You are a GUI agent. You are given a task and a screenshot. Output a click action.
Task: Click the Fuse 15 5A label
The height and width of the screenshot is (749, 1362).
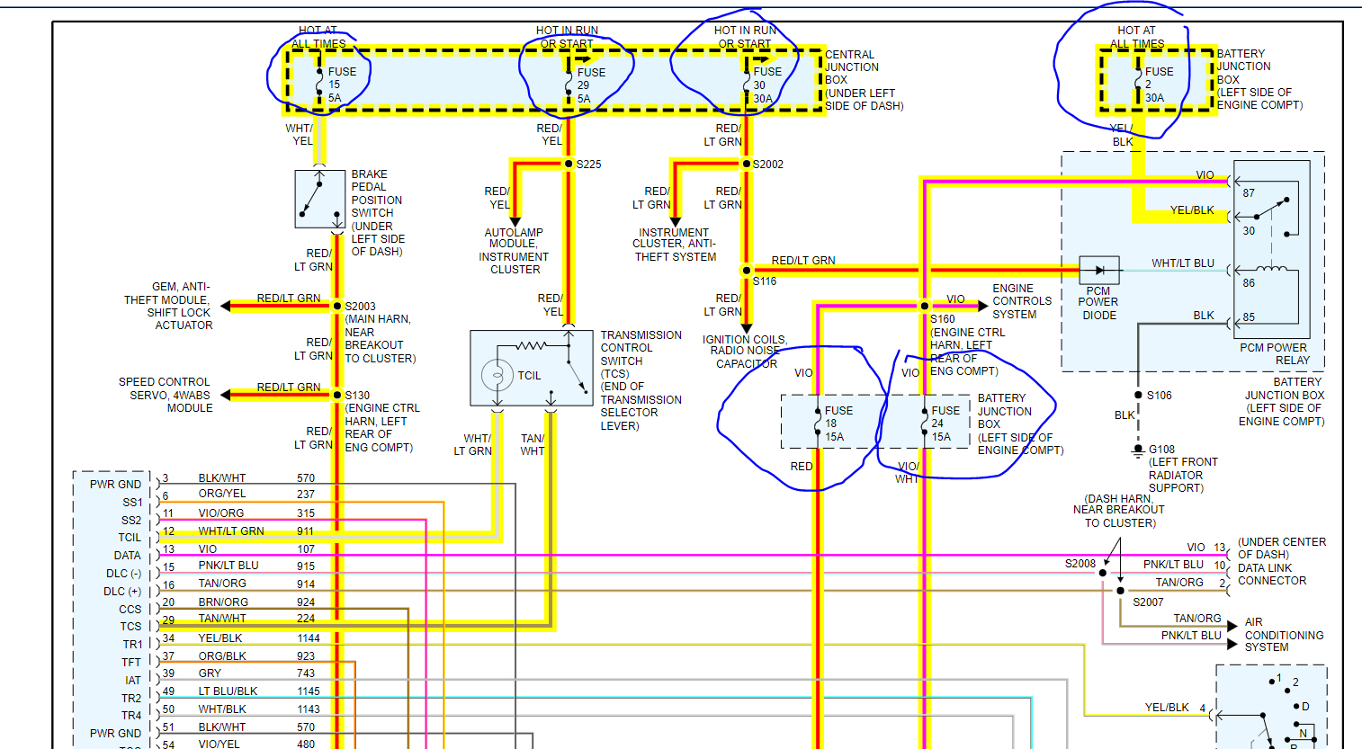(341, 85)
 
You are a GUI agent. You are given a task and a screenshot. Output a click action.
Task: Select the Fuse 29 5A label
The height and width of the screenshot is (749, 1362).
(590, 85)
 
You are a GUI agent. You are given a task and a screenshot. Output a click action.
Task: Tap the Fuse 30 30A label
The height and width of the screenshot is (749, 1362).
(766, 85)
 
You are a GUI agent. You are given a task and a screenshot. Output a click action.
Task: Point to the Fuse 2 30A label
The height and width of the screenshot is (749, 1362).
(1158, 85)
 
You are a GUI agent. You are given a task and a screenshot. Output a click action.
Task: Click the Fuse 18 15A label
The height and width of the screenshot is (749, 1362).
(838, 424)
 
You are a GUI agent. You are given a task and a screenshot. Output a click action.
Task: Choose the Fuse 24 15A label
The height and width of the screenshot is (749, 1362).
(945, 424)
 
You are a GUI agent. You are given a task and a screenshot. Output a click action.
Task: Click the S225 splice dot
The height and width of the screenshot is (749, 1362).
(569, 164)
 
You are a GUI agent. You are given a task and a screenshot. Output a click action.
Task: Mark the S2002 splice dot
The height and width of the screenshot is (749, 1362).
(747, 164)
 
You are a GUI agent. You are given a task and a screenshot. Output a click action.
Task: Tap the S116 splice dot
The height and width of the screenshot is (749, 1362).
(747, 270)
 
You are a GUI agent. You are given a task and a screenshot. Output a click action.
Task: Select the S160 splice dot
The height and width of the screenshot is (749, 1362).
(924, 306)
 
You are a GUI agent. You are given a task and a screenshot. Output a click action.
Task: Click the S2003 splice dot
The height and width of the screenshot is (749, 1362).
(337, 306)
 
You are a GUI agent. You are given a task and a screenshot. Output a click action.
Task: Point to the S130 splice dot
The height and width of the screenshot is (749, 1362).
(337, 395)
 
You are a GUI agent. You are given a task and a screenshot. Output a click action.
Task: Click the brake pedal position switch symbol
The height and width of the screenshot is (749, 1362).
(319, 199)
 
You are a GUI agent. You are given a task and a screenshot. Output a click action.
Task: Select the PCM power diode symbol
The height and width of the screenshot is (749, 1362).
(1099, 270)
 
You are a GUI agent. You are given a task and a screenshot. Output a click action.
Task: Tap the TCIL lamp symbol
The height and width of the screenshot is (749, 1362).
(497, 375)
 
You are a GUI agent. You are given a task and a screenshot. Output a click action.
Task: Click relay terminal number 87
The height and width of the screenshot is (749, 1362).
(1249, 192)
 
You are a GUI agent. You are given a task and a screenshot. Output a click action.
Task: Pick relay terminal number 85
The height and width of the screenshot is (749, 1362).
(1249, 317)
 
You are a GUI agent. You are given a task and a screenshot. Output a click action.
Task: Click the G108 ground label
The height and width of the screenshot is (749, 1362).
(1161, 450)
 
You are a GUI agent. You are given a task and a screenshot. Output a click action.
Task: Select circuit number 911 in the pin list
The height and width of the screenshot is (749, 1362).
(306, 531)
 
